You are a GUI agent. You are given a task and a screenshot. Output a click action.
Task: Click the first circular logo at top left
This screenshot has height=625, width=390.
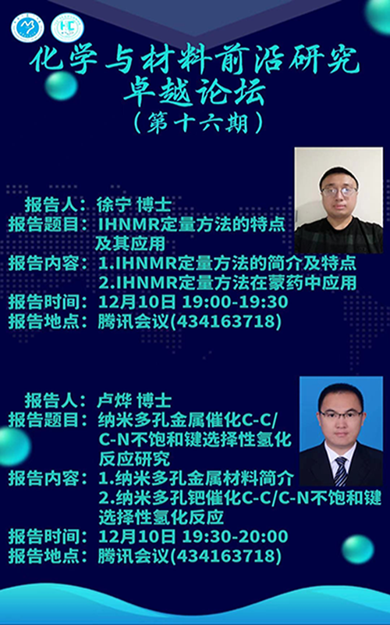(27, 27)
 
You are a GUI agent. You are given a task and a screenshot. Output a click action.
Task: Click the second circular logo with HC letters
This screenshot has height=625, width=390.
(67, 27)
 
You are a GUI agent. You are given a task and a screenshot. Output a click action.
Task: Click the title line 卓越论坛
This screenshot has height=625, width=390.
(194, 93)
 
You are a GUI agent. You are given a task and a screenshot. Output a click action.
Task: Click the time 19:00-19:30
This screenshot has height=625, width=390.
(235, 302)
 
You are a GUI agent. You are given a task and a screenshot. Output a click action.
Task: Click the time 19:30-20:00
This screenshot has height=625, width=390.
(235, 536)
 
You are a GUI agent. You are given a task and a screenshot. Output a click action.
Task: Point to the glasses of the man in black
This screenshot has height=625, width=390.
(339, 191)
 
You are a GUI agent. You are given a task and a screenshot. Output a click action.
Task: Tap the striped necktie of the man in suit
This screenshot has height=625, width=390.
(341, 471)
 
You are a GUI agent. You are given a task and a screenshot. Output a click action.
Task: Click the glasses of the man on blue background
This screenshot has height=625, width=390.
(341, 415)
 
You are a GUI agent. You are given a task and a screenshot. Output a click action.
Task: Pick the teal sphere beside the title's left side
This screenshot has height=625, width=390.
(61, 86)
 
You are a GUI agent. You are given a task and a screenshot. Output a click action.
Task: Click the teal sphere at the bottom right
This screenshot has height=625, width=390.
(358, 549)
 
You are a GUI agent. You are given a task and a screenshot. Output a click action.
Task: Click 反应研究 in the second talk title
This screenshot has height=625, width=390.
(134, 459)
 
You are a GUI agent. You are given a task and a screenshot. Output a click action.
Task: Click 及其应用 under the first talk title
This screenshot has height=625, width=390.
(130, 244)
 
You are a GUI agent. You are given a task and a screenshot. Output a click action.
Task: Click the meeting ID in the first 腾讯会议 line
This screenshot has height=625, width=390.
(229, 322)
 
